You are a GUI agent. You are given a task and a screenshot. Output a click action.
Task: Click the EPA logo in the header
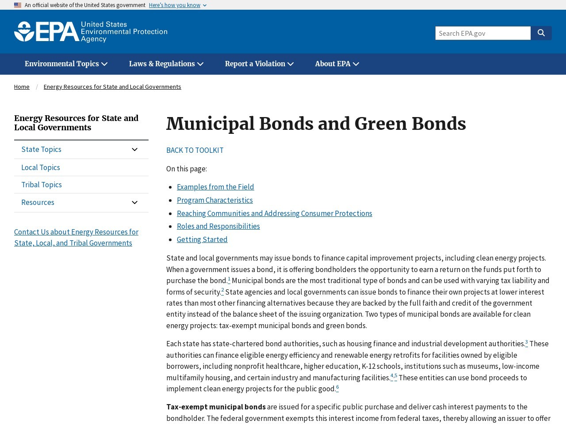point(91,32)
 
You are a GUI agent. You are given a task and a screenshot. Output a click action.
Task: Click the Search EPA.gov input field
point(483,33)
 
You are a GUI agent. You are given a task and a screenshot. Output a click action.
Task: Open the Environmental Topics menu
point(66,64)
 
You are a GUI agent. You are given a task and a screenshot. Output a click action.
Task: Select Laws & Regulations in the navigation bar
point(166,64)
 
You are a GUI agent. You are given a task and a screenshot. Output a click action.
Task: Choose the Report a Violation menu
point(259,64)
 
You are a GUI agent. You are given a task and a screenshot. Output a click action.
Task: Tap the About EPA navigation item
point(337,64)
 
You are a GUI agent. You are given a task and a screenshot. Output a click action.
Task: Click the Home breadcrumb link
point(22,87)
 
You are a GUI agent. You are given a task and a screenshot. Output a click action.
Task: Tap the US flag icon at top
point(18,5)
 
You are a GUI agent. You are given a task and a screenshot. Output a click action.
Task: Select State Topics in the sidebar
point(42,149)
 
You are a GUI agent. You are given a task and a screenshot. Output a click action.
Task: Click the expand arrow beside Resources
point(135,202)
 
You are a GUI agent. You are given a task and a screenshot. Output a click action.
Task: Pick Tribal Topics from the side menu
point(42,185)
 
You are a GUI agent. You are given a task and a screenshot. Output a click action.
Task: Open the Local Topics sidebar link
point(41,167)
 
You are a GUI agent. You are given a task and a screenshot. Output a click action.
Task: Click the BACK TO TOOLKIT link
point(195,150)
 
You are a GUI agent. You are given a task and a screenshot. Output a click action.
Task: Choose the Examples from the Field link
point(215,187)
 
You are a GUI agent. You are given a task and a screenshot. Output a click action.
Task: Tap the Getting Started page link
point(202,239)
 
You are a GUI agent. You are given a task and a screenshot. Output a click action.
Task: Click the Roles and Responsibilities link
point(218,226)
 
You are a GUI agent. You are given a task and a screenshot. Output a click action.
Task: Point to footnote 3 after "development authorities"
point(526,342)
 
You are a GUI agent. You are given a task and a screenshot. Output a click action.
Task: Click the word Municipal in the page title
point(210,124)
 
